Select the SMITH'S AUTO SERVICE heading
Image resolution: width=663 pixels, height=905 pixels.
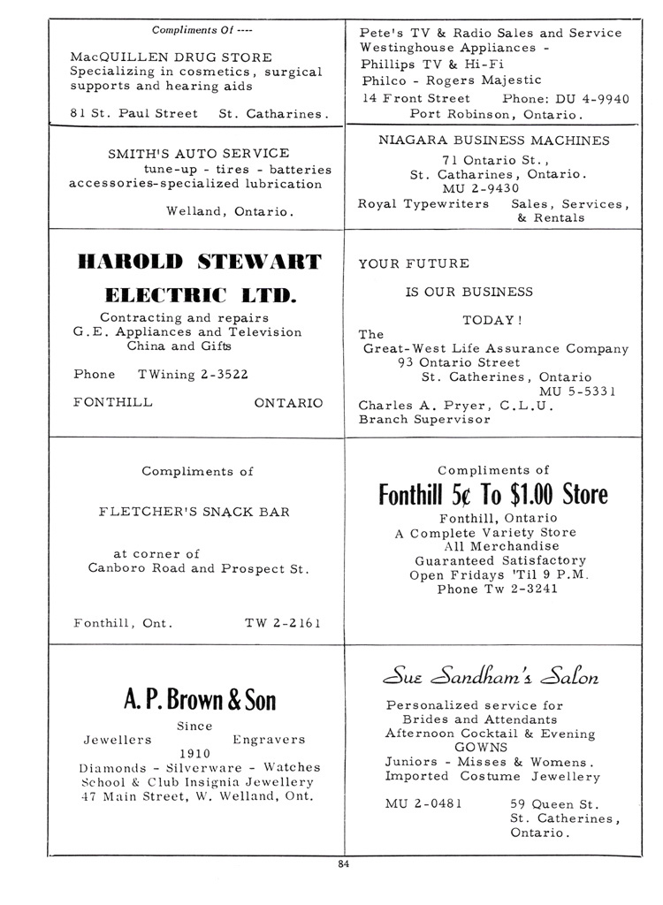point(198,154)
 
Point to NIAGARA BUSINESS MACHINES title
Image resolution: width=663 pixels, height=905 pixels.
point(493,141)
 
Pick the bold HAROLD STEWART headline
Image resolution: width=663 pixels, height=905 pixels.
point(199,262)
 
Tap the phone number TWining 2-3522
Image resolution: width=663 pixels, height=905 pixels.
point(193,374)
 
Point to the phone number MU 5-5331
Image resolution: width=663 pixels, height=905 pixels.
point(578,392)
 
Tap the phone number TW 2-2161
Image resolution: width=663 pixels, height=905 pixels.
point(282,623)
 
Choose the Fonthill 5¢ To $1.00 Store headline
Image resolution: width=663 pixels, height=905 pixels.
point(493,493)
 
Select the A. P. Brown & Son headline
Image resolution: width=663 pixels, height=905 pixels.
point(199,701)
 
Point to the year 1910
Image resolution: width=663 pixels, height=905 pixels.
point(194,754)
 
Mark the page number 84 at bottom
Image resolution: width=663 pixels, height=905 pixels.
point(343,864)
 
